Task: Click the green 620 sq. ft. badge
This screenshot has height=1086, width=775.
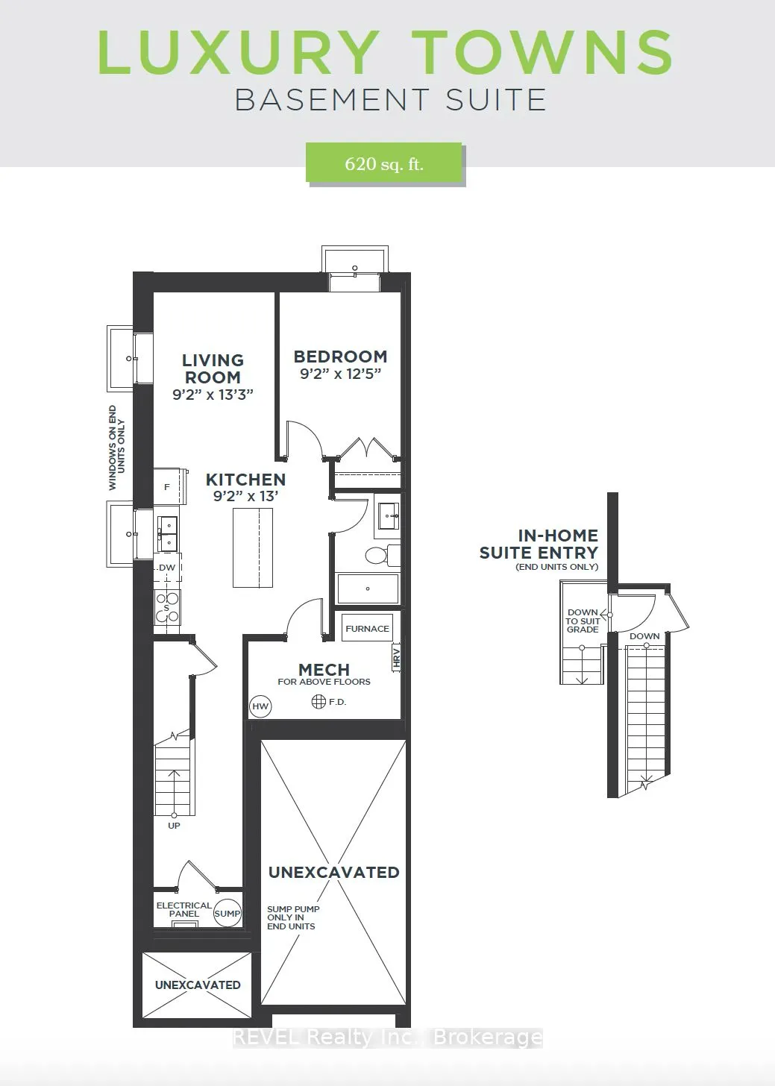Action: pos(384,163)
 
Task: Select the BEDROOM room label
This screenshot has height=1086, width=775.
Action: pos(340,357)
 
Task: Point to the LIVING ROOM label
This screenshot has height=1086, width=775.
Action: pos(213,368)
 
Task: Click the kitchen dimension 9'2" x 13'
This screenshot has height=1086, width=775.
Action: pos(245,496)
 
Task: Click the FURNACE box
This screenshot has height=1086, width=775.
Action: pos(367,629)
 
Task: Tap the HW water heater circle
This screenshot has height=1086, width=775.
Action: pos(260,706)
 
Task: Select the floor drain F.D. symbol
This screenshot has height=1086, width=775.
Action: pos(319,701)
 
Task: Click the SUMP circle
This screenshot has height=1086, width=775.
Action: pos(228,913)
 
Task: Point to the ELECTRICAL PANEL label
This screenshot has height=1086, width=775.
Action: pos(183,909)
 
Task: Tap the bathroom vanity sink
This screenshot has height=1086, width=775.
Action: pos(387,515)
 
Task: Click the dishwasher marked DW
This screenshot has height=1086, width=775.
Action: pos(167,568)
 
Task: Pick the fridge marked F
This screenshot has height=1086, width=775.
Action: pos(167,487)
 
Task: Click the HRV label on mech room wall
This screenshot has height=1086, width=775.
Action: pos(397,656)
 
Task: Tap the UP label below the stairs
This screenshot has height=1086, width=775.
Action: pos(174,826)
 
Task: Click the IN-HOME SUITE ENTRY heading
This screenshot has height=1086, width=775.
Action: pos(539,544)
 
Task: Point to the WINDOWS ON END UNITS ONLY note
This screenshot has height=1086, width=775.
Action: pos(116,448)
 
